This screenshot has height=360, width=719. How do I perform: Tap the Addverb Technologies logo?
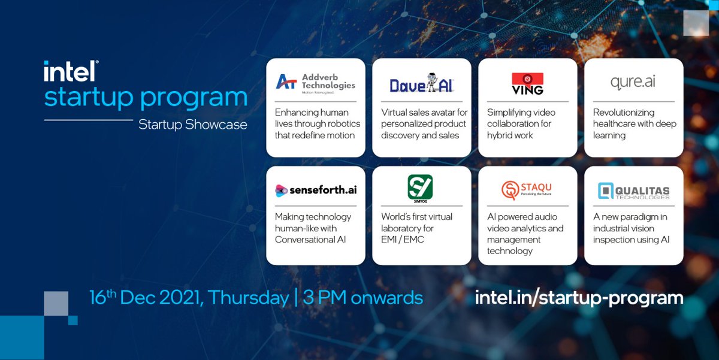tap(316, 82)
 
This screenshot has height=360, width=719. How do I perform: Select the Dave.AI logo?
tap(422, 84)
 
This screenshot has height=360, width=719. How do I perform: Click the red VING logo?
tap(527, 83)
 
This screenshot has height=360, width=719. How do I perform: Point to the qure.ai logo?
tap(632, 82)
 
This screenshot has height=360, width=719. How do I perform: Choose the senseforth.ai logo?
tap(315, 190)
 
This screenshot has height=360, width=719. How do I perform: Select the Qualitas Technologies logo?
tap(633, 191)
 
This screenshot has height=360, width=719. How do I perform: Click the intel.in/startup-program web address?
tap(579, 297)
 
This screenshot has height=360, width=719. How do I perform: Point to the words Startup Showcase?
tap(192, 125)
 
